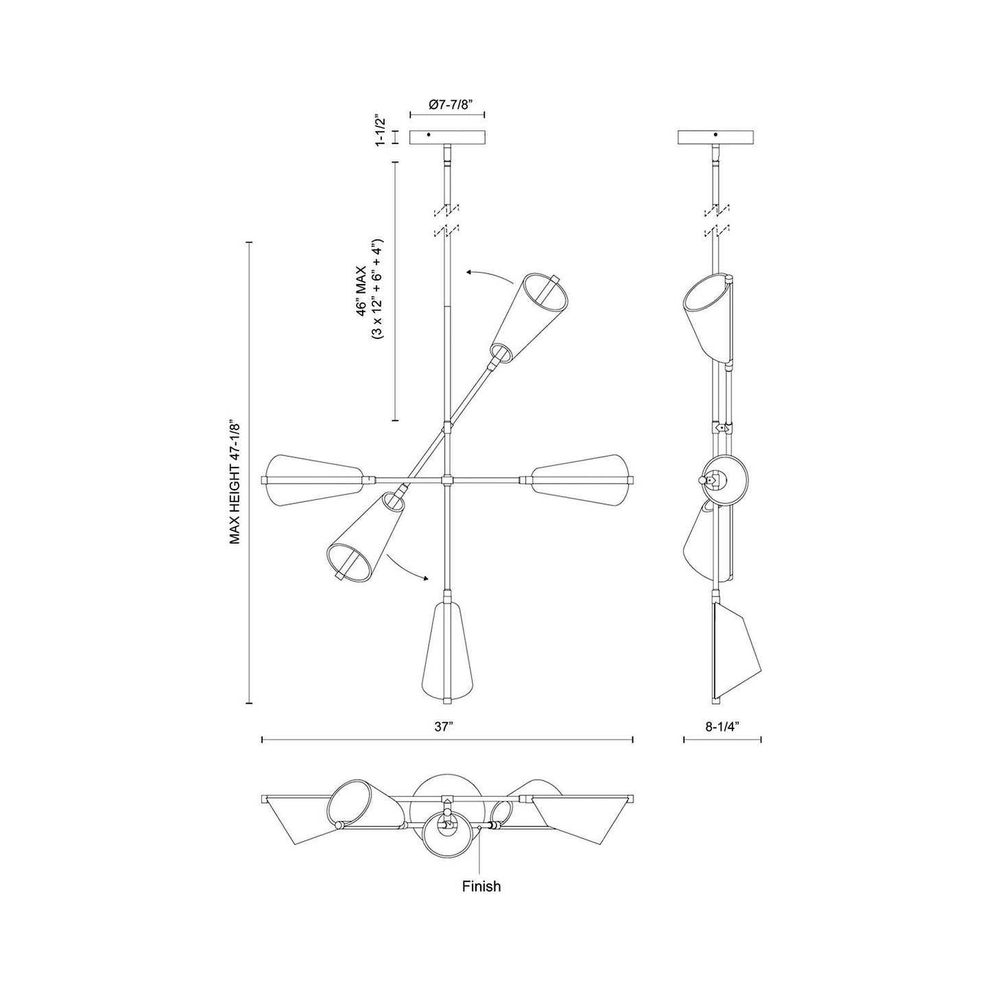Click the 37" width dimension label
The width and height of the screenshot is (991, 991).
coord(446,728)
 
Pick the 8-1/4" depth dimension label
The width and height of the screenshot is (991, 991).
coord(722,728)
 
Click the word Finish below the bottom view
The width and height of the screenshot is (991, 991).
coord(481,886)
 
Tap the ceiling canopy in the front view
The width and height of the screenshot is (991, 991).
coord(447,137)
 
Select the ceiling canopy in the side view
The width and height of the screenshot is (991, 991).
coord(715,137)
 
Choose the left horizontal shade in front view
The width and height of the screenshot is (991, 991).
coord(313,479)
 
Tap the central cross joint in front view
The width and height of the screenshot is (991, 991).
coord(447,479)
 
